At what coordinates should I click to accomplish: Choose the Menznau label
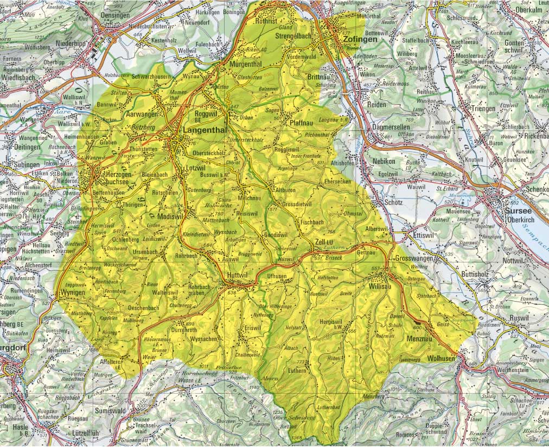(420, 338)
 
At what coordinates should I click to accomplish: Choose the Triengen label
(483, 108)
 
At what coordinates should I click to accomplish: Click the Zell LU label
(324, 242)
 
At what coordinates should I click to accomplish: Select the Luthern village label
(297, 370)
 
